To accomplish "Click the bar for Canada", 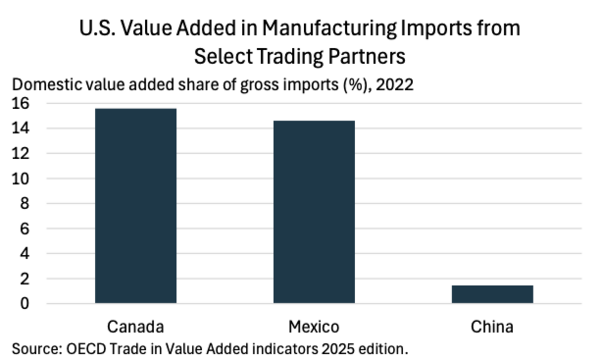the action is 136,206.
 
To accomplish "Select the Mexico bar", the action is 314,212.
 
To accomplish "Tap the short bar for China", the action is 492,294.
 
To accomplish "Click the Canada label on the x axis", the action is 135,327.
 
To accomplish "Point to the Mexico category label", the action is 314,327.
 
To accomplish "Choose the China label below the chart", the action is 492,327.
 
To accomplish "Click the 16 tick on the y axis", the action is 20,103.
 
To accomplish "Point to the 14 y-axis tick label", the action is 20,128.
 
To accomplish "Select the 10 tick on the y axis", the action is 20,179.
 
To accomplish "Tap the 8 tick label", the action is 24,204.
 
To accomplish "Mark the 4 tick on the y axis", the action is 24,254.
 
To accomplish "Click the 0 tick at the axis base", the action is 24,304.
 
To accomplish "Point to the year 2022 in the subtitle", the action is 395,85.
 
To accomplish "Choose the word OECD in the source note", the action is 86,349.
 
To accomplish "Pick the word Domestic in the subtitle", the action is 47,85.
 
